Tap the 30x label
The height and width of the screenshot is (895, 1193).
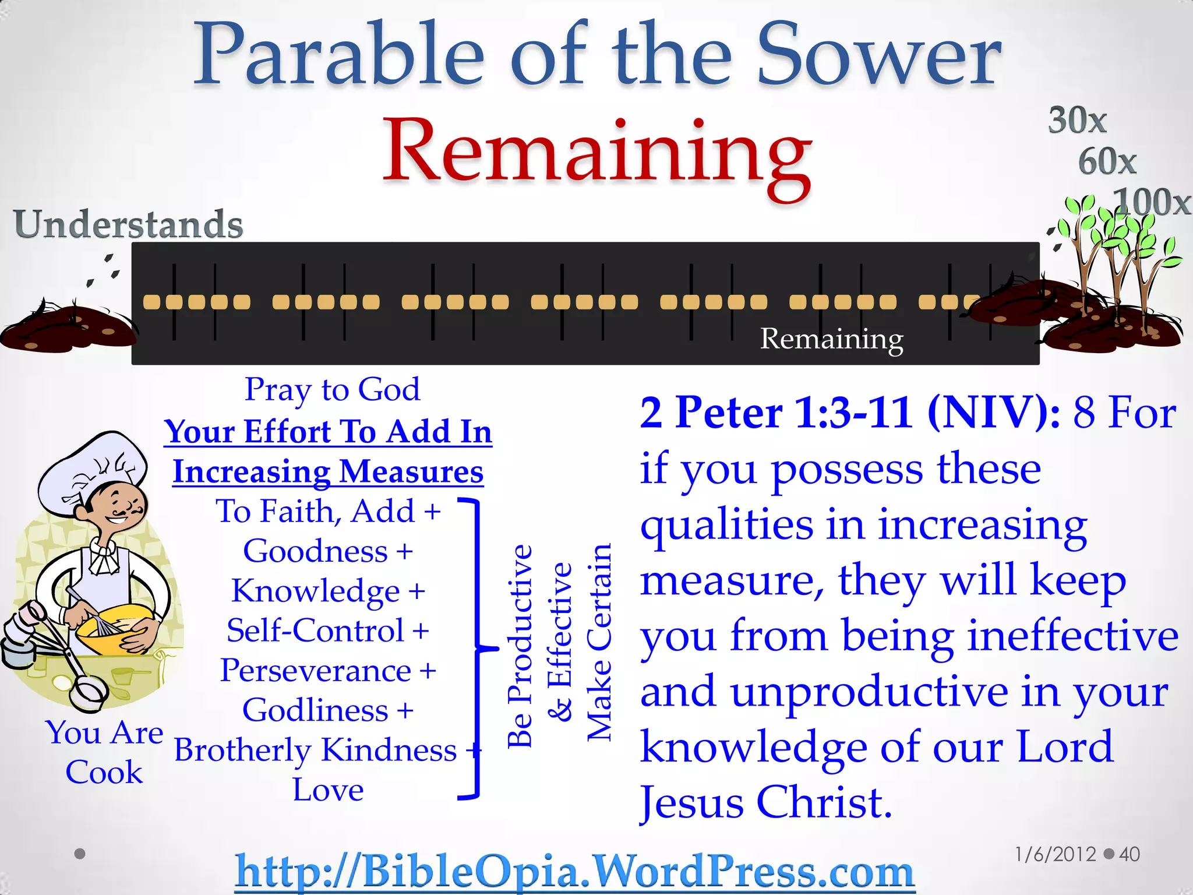1077,121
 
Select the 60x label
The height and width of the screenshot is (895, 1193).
1107,161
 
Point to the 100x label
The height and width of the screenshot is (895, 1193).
1151,202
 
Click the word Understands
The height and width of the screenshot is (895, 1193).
128,224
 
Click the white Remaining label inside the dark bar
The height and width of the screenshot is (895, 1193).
831,339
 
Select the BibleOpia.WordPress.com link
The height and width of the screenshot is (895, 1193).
574,871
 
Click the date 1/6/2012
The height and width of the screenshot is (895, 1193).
1055,854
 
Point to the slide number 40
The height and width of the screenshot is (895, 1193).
1129,854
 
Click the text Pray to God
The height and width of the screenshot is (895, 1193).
332,389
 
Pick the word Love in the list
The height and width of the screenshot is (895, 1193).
328,790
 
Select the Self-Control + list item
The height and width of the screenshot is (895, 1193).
328,630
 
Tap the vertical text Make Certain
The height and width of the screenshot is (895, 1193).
599,641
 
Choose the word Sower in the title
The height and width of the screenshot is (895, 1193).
880,55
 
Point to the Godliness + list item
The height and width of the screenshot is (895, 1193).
328,710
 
